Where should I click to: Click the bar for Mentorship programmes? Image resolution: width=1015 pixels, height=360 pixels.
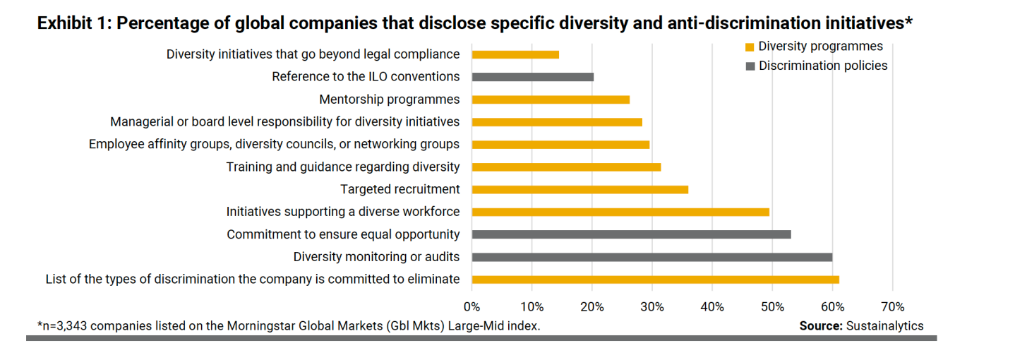[x=550, y=100]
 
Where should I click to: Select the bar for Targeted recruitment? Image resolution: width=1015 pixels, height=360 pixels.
[x=579, y=189]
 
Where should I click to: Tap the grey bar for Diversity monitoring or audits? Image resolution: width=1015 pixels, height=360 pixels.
[x=651, y=257]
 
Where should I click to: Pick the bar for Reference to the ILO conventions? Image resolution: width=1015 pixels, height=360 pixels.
[x=532, y=77]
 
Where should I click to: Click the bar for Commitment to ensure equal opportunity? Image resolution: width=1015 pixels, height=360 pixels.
[x=631, y=234]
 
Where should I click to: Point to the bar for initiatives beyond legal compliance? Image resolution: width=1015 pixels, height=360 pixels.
[x=515, y=54]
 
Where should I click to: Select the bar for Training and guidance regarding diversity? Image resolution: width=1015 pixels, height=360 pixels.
[x=566, y=167]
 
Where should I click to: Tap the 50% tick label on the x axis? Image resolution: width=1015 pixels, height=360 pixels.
[x=772, y=307]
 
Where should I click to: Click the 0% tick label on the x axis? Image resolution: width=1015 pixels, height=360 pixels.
[x=472, y=307]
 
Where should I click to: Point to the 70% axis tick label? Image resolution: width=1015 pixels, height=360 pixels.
[x=893, y=307]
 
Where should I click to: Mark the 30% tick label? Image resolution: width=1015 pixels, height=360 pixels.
[x=652, y=307]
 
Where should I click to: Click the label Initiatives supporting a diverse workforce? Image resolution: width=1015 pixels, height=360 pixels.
[x=343, y=212]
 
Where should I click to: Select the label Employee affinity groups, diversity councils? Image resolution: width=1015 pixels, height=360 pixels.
[x=274, y=145]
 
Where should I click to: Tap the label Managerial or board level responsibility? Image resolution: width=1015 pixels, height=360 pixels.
[x=285, y=122]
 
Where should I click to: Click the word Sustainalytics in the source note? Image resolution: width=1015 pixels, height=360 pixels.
[x=885, y=325]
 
